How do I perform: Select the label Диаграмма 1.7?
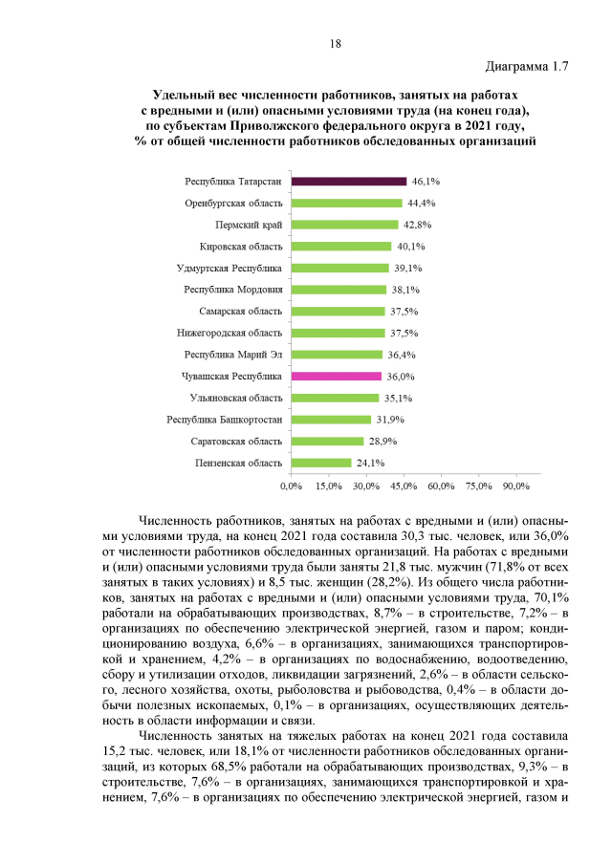coord(527,68)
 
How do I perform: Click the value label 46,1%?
coord(426,182)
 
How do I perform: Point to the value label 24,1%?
coord(370,463)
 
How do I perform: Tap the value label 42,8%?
coord(417,225)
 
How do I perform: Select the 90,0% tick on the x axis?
coord(515,487)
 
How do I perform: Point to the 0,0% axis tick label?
coord(292,487)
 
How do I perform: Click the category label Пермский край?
coord(248,225)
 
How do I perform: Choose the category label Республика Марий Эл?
coord(232,355)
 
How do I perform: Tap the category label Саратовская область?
coord(235,441)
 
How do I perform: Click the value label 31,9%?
coord(389,420)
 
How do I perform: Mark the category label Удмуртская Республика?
coord(229,268)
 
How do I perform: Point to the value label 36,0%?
coord(400,377)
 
